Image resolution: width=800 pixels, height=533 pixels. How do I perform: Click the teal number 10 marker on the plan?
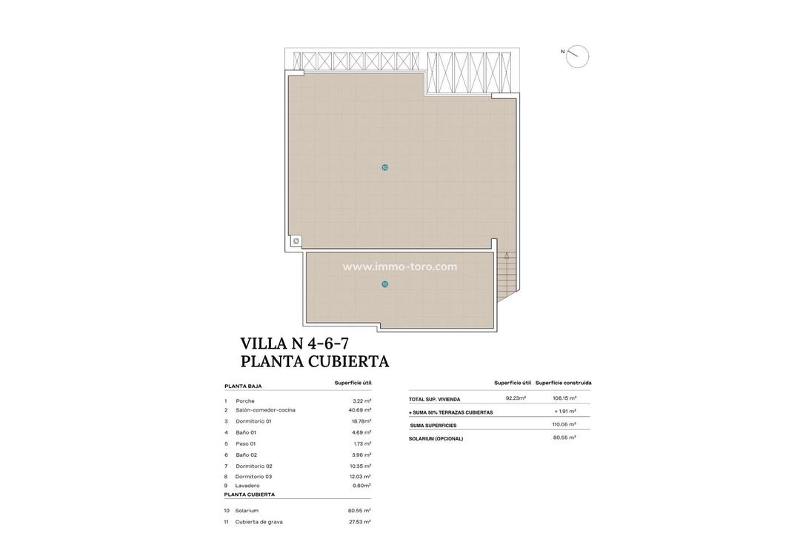pyautogui.click(x=385, y=167)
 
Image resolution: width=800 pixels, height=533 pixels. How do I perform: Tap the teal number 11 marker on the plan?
pyautogui.click(x=385, y=284)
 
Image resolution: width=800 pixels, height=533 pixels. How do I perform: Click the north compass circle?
pyautogui.click(x=577, y=56)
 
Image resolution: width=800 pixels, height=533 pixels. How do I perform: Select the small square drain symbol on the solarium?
pyautogui.click(x=296, y=241)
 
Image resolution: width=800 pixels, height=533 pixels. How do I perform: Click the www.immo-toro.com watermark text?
pyautogui.click(x=400, y=266)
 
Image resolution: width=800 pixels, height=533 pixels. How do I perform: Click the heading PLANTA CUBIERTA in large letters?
pyautogui.click(x=315, y=361)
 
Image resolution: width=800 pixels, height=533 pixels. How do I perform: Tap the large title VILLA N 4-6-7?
pyautogui.click(x=295, y=343)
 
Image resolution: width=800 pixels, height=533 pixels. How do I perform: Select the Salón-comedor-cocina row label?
pyautogui.click(x=265, y=410)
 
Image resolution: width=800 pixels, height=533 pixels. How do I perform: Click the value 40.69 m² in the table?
pyautogui.click(x=360, y=410)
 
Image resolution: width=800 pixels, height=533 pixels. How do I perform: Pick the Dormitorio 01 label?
pyautogui.click(x=253, y=421)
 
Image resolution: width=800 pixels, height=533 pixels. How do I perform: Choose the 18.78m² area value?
pyautogui.click(x=361, y=421)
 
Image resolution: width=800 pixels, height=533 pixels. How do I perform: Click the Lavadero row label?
pyautogui.click(x=247, y=486)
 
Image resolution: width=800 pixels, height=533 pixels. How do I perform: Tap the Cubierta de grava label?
pyautogui.click(x=259, y=522)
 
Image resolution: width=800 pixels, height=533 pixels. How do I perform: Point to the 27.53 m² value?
pyautogui.click(x=360, y=522)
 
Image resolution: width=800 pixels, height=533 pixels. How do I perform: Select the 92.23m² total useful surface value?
pyautogui.click(x=516, y=398)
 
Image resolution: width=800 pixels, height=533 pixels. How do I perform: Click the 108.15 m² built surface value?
pyautogui.click(x=564, y=398)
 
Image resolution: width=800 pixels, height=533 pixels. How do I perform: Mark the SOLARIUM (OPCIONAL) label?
pyautogui.click(x=436, y=439)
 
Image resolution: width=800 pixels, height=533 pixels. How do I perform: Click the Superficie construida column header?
pyautogui.click(x=564, y=383)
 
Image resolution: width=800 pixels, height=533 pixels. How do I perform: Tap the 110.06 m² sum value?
pyautogui.click(x=564, y=425)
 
